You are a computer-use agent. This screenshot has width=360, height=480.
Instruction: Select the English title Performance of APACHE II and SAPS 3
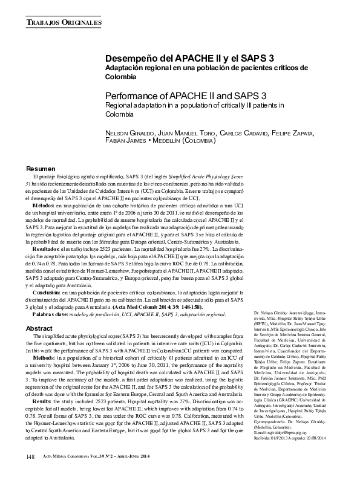click(186, 96)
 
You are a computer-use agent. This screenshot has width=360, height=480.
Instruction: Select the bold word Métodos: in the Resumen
click(44, 206)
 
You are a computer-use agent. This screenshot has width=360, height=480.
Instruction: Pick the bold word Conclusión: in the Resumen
click(47, 291)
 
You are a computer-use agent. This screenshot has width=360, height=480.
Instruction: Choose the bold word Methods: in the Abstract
click(44, 358)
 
